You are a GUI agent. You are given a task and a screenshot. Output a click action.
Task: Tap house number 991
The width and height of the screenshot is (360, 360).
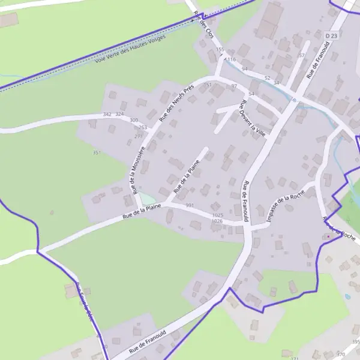tap(190, 206)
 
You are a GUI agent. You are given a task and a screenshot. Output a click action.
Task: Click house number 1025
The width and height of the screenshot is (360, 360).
tap(217, 215)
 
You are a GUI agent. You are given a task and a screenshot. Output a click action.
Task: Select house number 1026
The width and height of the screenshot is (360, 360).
tap(217, 221)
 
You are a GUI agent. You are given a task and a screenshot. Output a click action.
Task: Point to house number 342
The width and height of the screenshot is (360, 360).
tap(107, 114)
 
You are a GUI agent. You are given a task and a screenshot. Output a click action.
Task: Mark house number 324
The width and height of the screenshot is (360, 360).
tap(119, 114)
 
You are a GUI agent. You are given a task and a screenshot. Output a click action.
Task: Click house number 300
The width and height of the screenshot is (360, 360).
tap(134, 120)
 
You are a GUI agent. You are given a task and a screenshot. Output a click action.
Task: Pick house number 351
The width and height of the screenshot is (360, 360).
tap(97, 153)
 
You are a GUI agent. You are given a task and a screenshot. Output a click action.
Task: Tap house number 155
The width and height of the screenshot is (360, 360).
tap(220, 49)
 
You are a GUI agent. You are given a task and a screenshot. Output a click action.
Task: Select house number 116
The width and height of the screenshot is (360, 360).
tap(231, 60)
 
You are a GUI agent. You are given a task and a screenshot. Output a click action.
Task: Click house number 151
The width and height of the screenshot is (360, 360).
tap(208, 86)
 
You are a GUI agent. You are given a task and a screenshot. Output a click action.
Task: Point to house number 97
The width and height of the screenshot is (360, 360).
tap(234, 86)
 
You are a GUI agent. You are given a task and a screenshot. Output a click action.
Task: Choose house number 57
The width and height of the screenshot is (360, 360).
tap(302, 55)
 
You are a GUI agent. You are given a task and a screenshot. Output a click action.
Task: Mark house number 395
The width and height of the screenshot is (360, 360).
tap(355, 342)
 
